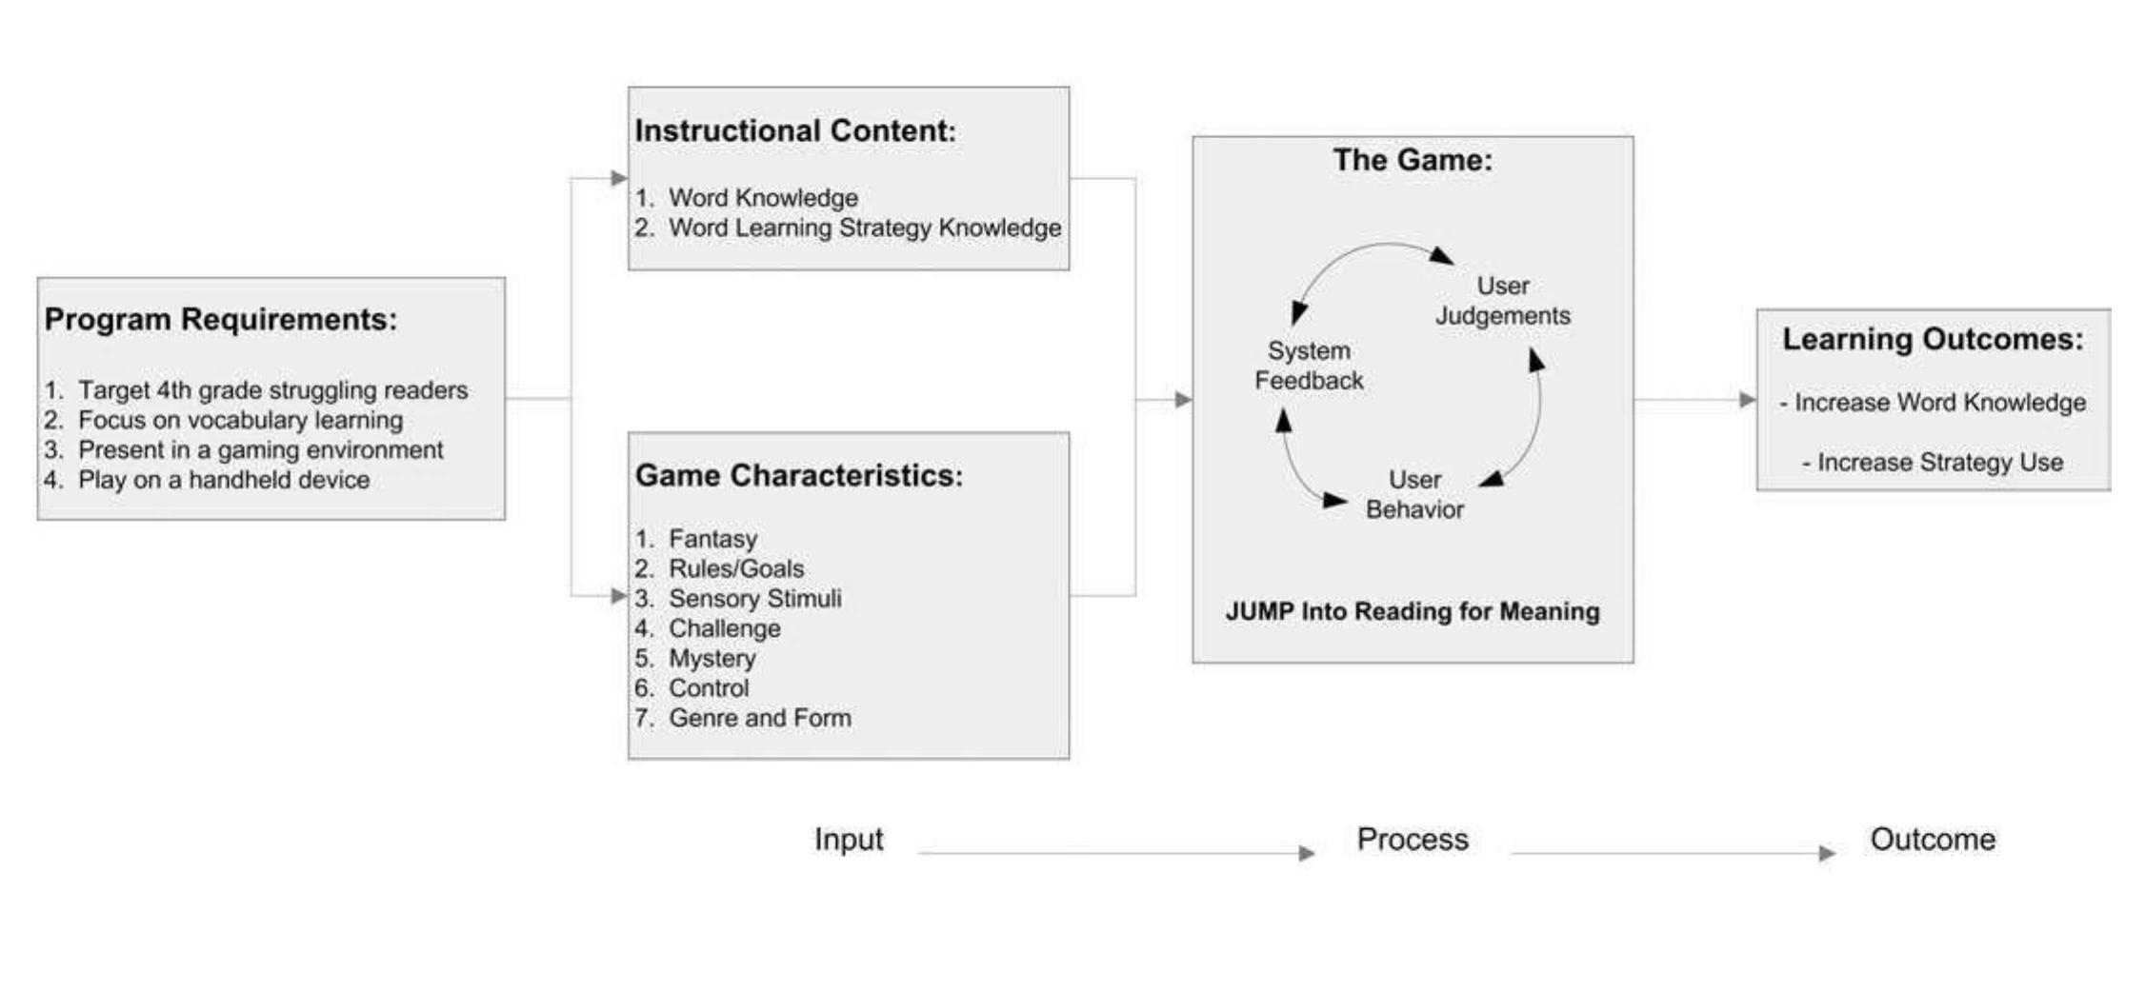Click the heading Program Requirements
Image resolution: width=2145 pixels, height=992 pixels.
[x=220, y=320]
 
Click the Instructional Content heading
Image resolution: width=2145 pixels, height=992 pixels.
[x=794, y=131]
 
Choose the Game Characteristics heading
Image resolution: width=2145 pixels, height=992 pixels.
[x=798, y=476]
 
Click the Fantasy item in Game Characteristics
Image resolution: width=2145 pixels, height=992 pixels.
[x=712, y=539]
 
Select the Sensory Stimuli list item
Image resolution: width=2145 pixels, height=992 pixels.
[x=754, y=599]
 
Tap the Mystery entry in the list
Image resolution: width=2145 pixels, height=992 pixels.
[x=712, y=659]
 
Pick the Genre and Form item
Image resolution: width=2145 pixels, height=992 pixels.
[x=759, y=719]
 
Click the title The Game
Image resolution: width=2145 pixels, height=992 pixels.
[x=1412, y=160]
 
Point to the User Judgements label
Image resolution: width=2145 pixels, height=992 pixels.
[x=1502, y=301]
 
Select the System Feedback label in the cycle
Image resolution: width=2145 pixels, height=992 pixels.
[x=1309, y=366]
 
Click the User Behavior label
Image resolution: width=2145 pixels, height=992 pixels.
[x=1414, y=494]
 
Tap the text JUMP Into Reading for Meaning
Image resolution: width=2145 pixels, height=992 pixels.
[x=1412, y=611]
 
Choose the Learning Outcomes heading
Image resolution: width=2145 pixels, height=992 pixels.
[x=1933, y=340]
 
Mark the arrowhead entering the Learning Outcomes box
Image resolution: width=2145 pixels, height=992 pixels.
[x=1747, y=400]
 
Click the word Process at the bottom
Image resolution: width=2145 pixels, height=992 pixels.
[x=1412, y=840]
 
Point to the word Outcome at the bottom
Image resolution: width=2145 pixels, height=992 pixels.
[x=1932, y=840]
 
